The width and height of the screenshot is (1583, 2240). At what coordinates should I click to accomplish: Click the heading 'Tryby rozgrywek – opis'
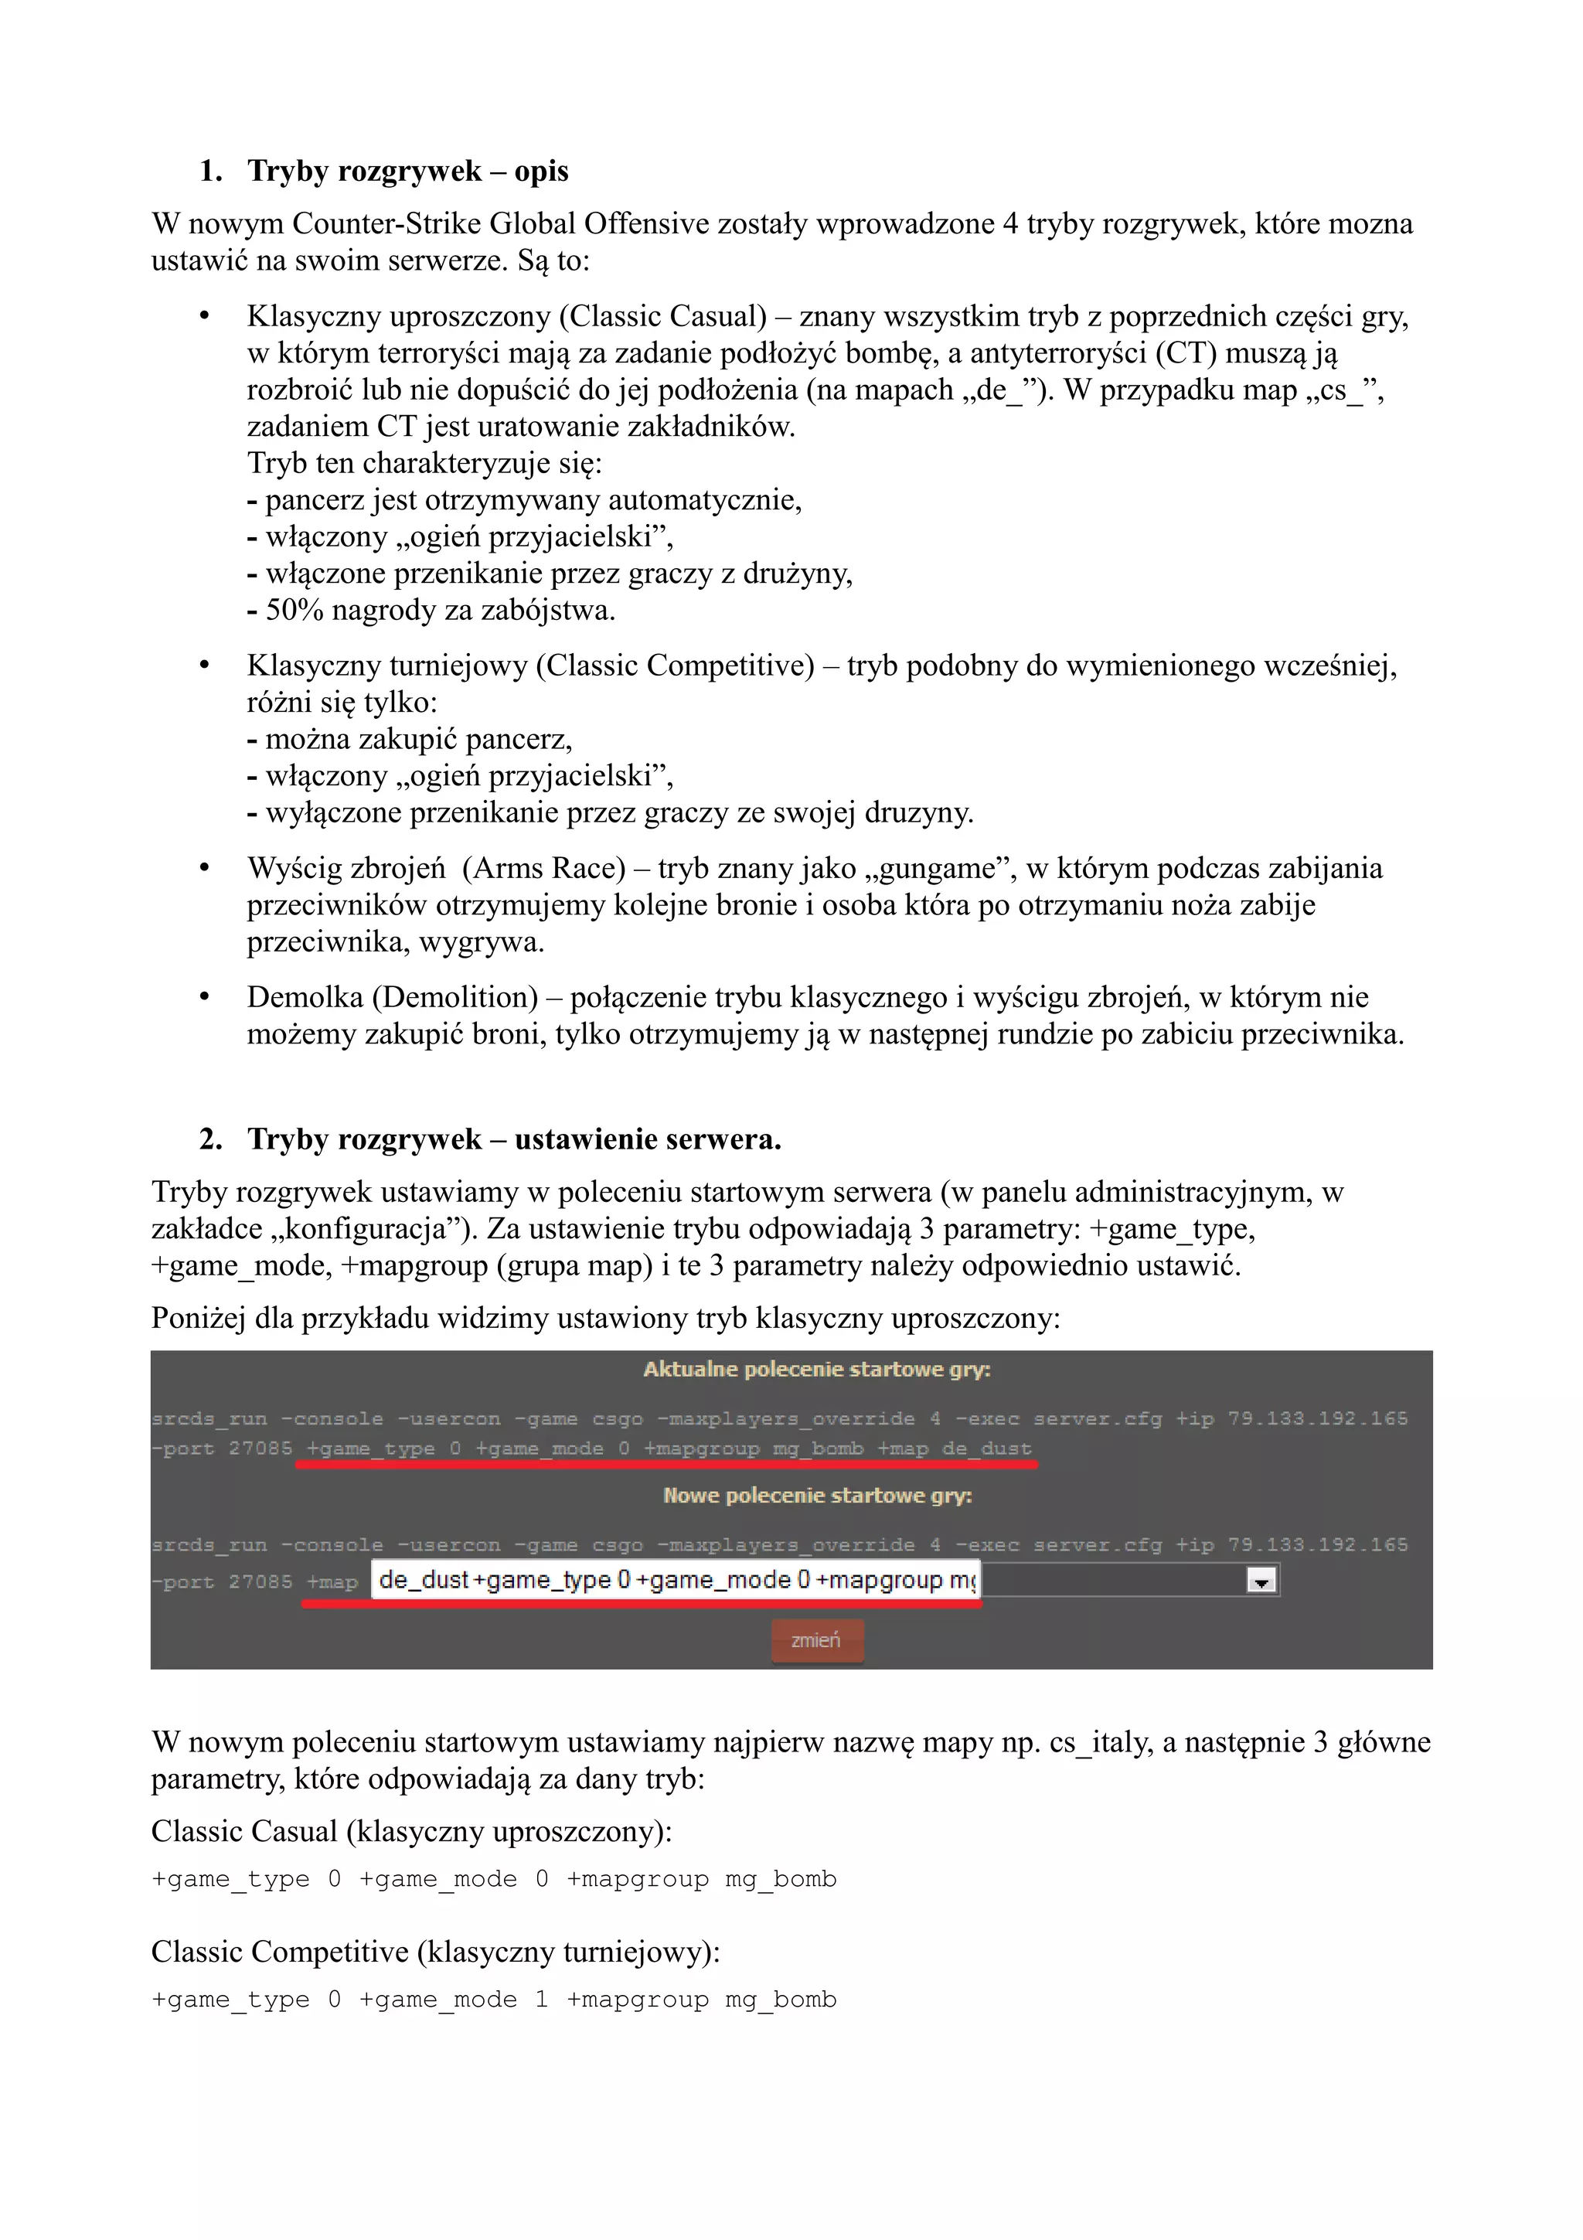[x=407, y=172]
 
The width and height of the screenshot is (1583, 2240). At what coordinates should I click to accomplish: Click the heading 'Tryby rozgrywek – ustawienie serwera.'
[x=514, y=1139]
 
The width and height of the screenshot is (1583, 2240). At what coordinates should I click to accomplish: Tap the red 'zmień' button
[x=816, y=1640]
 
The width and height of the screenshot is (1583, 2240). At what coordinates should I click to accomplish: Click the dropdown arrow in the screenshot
[x=1261, y=1581]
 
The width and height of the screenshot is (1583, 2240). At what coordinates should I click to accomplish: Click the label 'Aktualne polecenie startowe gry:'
[x=816, y=1370]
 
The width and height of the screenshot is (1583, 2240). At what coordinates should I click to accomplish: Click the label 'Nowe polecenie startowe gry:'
[x=817, y=1496]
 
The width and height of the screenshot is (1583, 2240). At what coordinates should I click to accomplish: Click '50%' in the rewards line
[x=294, y=611]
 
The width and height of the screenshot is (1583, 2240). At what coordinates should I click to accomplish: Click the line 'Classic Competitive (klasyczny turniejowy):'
[x=435, y=1952]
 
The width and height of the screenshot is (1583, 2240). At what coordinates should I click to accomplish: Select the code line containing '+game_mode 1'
[x=494, y=2000]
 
